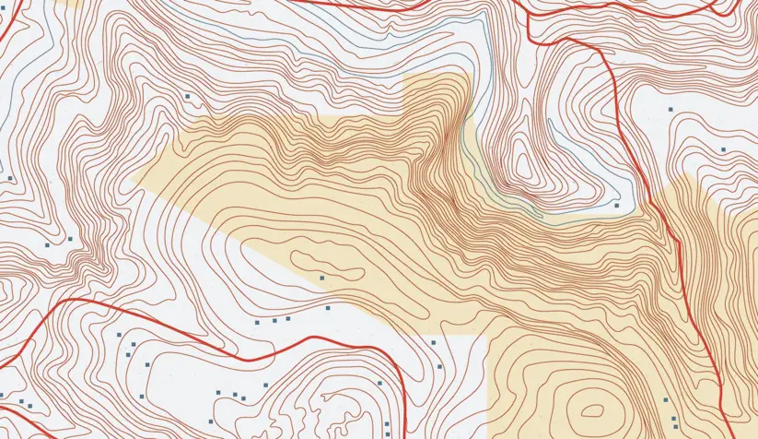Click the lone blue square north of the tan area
point(187,95)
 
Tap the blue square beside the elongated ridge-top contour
point(322,277)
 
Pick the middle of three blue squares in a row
point(274,320)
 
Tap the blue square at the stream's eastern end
point(616,205)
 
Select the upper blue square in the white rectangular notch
point(433,342)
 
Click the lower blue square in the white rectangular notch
point(440,367)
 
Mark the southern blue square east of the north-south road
point(724,148)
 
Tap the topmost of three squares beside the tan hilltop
point(665,399)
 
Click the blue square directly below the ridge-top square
point(328,307)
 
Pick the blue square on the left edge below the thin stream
point(9,177)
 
